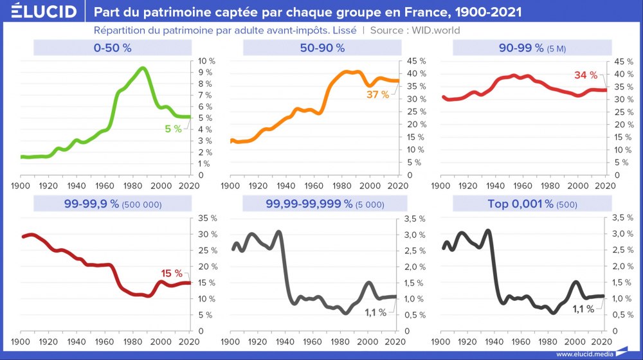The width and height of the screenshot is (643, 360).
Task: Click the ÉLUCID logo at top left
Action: click(x=40, y=12)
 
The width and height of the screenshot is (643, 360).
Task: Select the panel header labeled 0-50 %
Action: click(x=113, y=48)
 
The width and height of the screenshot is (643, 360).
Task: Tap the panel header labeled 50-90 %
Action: click(x=322, y=48)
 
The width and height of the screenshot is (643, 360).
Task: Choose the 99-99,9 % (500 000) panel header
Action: click(x=113, y=204)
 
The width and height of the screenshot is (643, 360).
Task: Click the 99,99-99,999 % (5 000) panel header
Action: click(x=322, y=204)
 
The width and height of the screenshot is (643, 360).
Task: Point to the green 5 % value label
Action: click(x=173, y=129)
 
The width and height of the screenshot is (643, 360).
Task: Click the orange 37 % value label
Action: click(x=378, y=94)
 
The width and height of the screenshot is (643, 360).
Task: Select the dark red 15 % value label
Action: click(x=172, y=274)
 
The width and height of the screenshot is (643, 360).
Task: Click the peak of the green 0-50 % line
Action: click(x=142, y=68)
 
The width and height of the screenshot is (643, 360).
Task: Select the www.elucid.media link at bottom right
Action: click(x=584, y=354)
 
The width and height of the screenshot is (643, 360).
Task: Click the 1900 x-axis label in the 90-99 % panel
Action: click(x=440, y=186)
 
